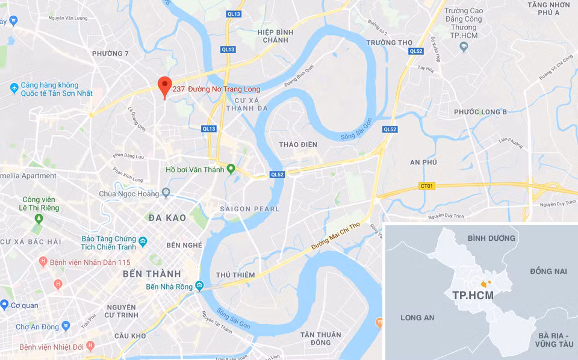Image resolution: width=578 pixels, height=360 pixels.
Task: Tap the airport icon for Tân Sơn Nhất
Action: pyautogui.click(x=14, y=88)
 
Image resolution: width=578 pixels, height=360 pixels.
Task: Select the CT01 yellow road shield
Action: pyautogui.click(x=427, y=186)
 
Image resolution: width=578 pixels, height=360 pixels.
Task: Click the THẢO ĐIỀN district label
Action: pyautogui.click(x=298, y=144)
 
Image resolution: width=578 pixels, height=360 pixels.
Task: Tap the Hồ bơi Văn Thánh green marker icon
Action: pyautogui.click(x=231, y=169)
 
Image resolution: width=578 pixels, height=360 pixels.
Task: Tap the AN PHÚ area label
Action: pyautogui.click(x=423, y=163)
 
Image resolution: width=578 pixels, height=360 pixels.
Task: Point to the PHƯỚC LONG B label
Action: pyautogui.click(x=480, y=112)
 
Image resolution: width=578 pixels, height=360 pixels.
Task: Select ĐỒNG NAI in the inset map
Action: pyautogui.click(x=548, y=272)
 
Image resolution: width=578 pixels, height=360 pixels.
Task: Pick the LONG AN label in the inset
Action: pyautogui.click(x=417, y=317)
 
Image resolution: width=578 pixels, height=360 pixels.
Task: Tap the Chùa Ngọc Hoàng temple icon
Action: pyautogui.click(x=167, y=194)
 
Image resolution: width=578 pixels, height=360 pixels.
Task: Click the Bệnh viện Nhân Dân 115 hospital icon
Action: pyautogui.click(x=43, y=262)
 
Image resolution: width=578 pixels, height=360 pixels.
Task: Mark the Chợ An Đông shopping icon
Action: pyautogui.click(x=66, y=326)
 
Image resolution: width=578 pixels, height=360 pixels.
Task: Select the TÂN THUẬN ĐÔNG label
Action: pyautogui.click(x=321, y=338)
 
